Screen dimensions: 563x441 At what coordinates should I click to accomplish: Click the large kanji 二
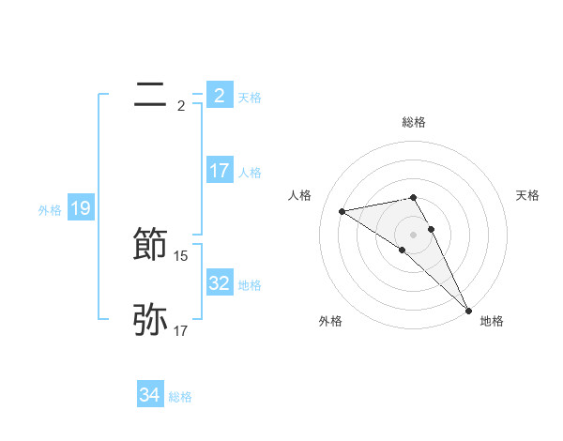point(150,94)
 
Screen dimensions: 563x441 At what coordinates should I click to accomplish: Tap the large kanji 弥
point(150,320)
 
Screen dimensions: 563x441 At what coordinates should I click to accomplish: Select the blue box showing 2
point(219,95)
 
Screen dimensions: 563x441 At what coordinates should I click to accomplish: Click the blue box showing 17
point(219,171)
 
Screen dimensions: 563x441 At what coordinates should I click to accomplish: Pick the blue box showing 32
point(219,282)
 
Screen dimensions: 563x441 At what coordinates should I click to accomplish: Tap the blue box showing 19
point(80,208)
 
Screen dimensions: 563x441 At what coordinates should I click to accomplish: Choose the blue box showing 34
point(149,395)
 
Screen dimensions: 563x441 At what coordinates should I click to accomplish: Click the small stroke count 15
point(181,255)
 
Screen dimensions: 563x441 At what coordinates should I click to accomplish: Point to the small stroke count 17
point(181,330)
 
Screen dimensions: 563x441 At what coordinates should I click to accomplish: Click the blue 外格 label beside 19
point(50,210)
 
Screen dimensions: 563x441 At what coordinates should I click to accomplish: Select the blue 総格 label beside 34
point(180,397)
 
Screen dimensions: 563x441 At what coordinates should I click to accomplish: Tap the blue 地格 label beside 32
point(250,284)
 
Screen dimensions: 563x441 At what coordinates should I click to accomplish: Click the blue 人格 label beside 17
point(250,173)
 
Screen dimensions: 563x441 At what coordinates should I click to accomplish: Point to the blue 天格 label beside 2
point(250,97)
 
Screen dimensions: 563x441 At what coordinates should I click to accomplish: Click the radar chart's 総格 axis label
point(413,122)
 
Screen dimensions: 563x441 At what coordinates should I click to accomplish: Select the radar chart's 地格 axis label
point(492,321)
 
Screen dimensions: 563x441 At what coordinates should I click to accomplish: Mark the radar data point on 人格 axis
point(342,211)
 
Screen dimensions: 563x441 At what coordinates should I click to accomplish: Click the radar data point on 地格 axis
point(468,309)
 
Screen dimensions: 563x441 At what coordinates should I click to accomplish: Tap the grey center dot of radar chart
point(413,233)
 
